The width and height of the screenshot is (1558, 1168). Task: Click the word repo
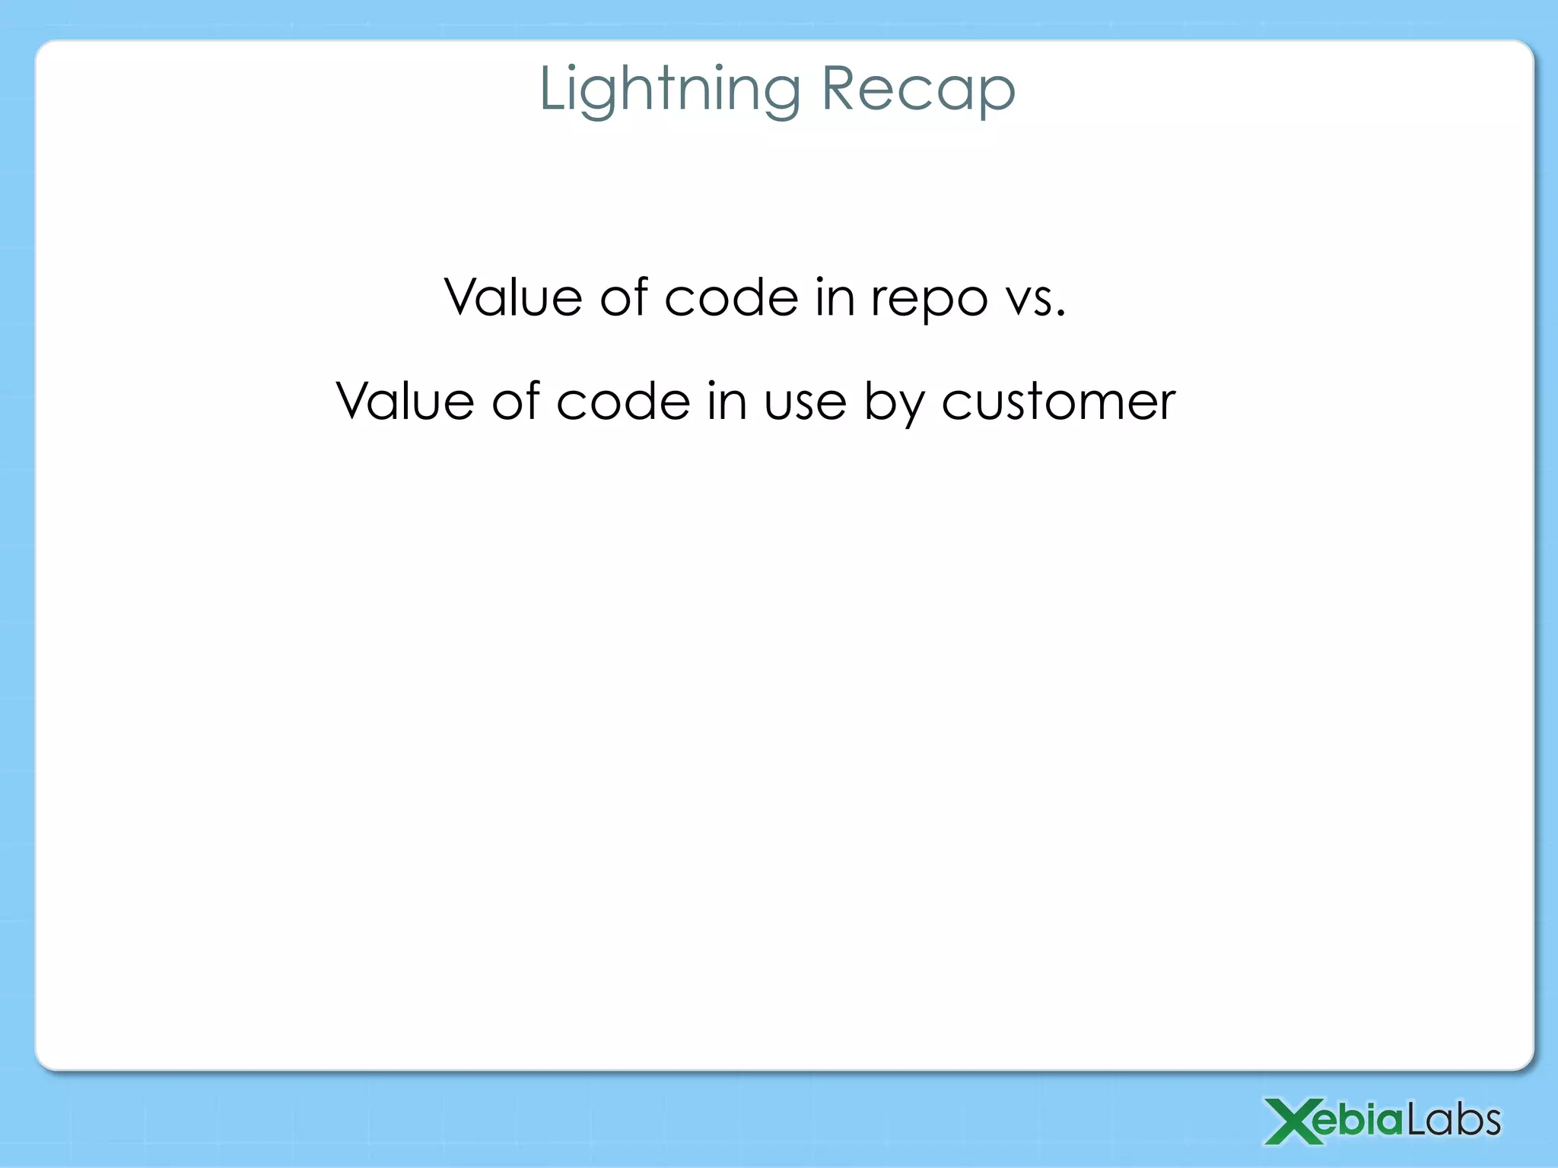[929, 301]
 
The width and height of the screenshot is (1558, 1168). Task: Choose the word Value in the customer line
[405, 401]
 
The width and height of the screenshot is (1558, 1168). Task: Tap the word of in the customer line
[515, 401]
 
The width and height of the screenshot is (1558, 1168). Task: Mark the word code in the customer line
[623, 401]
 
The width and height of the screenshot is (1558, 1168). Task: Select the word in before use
[727, 401]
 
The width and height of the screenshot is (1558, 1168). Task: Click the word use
[805, 403]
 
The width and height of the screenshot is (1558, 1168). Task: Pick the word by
[893, 403]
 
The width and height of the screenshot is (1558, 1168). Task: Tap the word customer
[1058, 402]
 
